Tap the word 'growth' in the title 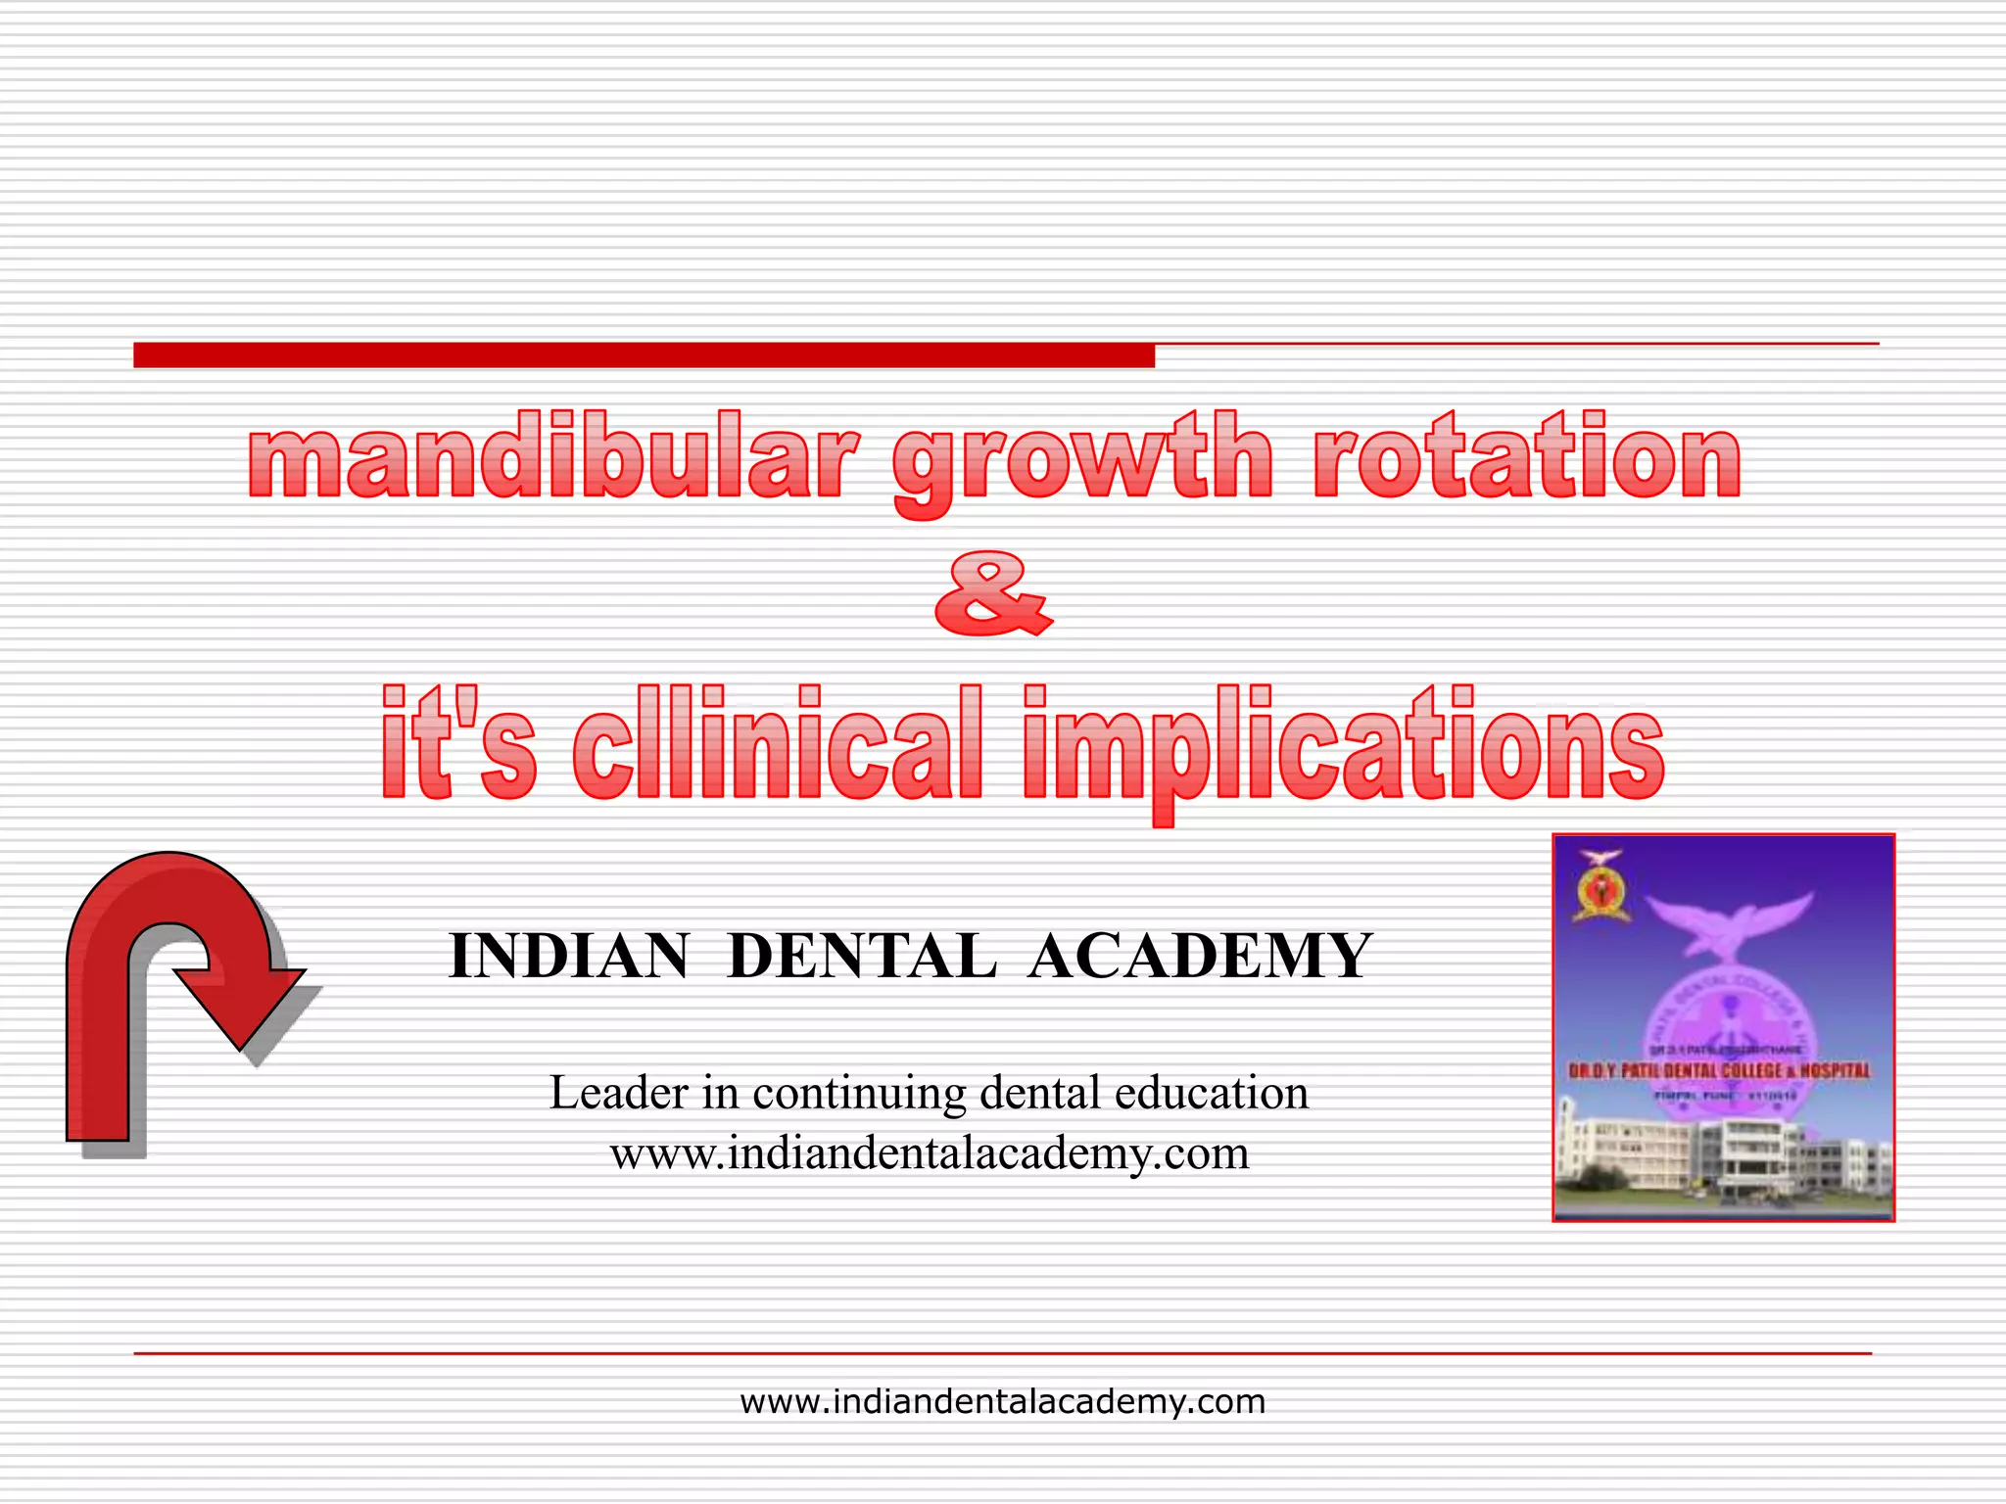coord(1083,460)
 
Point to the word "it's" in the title coord(458,744)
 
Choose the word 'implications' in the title coord(1343,749)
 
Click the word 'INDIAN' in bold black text coord(569,957)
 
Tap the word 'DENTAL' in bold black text coord(863,957)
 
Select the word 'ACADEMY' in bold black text coord(1201,957)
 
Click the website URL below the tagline coord(930,1153)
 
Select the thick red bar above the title coord(644,355)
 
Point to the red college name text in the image coord(1719,1071)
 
